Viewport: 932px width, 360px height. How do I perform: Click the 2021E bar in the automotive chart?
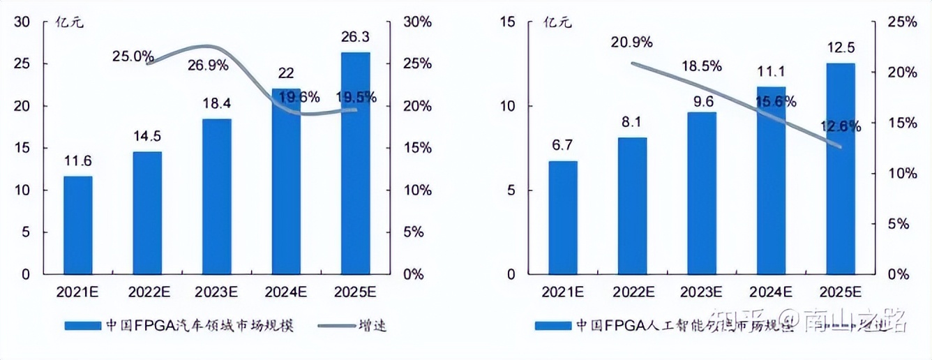[77, 225]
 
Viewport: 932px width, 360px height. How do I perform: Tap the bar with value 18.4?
[216, 196]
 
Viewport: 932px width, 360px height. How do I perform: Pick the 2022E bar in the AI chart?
[632, 205]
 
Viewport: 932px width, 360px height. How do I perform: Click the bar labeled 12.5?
[841, 168]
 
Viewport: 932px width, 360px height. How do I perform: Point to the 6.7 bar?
[563, 217]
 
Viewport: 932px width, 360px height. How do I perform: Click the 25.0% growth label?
[133, 55]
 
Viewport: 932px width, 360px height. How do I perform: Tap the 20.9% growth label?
[631, 42]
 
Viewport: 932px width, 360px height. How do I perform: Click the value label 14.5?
[147, 135]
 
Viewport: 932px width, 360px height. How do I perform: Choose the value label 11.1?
[771, 71]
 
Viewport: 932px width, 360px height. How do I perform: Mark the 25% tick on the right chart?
[902, 22]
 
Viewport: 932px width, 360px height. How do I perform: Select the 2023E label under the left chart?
[216, 290]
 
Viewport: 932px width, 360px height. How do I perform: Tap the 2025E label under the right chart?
[841, 290]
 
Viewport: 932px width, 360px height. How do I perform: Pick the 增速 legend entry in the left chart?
[373, 325]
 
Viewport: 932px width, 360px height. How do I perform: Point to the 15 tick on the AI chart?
[507, 22]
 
